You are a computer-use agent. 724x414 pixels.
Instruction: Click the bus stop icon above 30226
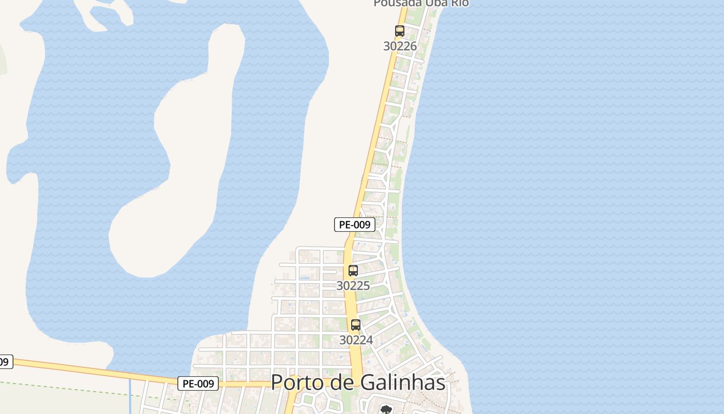click(400, 31)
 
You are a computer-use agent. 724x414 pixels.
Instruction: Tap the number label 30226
click(400, 46)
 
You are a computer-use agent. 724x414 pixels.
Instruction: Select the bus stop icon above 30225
click(353, 270)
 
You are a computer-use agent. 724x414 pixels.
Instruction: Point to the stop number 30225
click(353, 286)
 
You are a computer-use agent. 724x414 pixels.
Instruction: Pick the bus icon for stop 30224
click(356, 325)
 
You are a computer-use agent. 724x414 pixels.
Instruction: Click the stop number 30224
click(356, 340)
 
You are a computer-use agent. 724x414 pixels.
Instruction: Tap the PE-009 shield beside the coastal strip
click(355, 225)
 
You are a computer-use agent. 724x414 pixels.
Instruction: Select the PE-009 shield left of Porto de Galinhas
click(198, 383)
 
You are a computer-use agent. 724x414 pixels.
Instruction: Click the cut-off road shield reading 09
click(4, 362)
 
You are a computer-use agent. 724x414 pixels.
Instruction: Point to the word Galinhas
click(402, 382)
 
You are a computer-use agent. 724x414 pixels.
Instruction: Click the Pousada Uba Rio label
click(421, 3)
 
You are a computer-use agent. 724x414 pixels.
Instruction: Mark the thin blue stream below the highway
click(130, 396)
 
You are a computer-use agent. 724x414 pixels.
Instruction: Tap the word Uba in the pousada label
click(436, 3)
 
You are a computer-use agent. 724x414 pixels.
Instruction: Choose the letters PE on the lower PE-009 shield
click(189, 383)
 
